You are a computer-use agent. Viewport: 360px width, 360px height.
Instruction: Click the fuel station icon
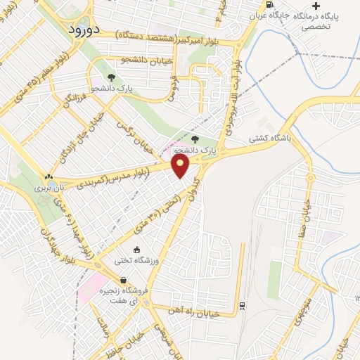coord(271,5)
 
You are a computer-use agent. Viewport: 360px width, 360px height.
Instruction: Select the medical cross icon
coord(316,6)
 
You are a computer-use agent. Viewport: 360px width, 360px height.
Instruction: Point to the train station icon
coord(242,305)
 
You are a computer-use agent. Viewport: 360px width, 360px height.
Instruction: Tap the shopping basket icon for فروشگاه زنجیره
coord(124,281)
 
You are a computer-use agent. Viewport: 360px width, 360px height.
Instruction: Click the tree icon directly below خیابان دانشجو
coord(111,77)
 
